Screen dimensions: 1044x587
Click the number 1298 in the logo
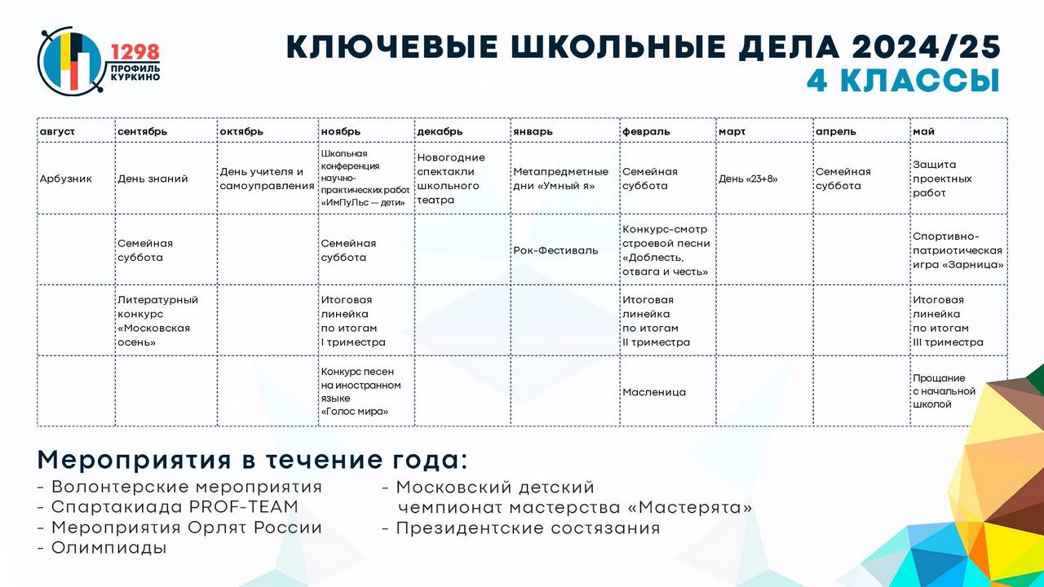point(135,52)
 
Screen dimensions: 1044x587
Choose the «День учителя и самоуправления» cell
point(267,179)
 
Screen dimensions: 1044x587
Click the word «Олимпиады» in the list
point(108,548)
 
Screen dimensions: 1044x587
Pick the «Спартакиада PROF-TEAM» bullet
point(168,507)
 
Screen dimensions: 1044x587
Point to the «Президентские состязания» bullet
point(521,528)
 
